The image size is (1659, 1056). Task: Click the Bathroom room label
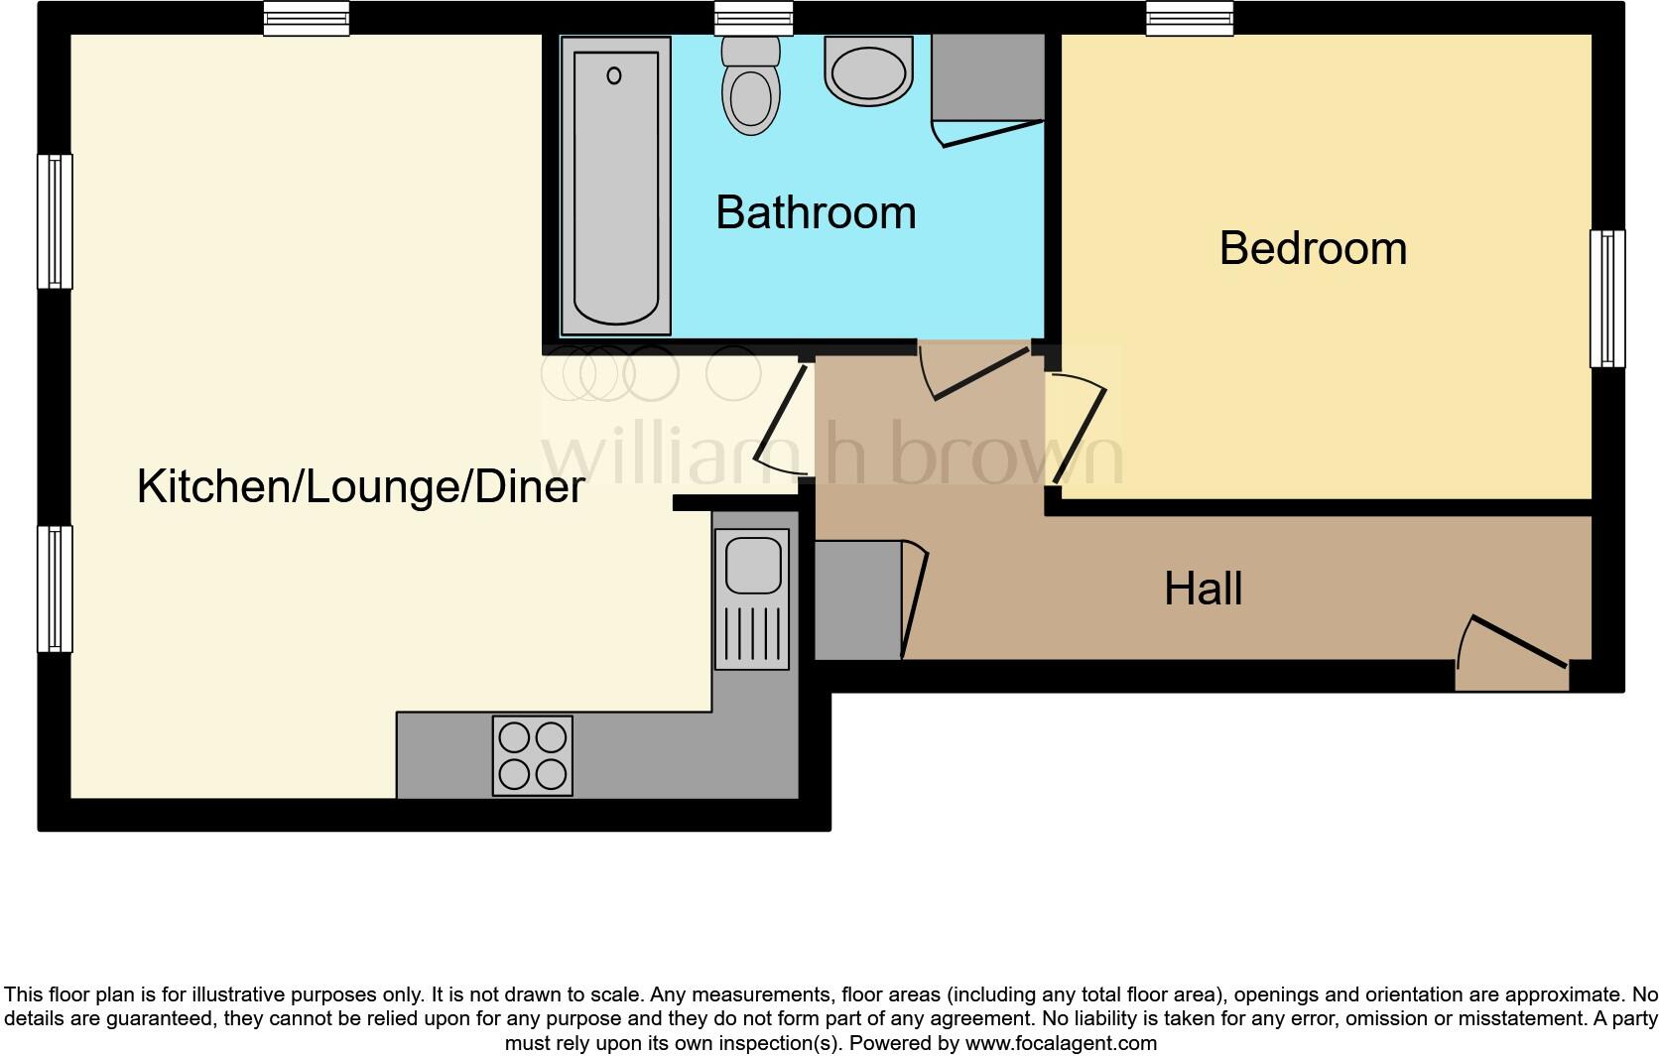click(x=815, y=212)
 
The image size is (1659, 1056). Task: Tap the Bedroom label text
click(x=1312, y=247)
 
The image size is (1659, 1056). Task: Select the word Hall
click(x=1203, y=589)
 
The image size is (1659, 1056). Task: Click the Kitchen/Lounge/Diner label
click(x=360, y=486)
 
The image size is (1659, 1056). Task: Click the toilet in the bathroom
click(x=750, y=88)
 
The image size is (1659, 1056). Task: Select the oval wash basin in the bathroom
click(x=868, y=71)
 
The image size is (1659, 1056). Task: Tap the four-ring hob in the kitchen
click(x=533, y=755)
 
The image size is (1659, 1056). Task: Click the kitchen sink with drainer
click(x=752, y=598)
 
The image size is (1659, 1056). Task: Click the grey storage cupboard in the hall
click(x=857, y=599)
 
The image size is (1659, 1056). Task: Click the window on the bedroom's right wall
click(x=1607, y=299)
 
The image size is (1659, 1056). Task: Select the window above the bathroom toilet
click(x=754, y=18)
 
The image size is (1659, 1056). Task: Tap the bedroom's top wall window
click(x=1190, y=18)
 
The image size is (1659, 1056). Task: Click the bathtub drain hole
click(x=614, y=75)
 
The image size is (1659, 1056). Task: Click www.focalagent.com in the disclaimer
click(x=1061, y=1043)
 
